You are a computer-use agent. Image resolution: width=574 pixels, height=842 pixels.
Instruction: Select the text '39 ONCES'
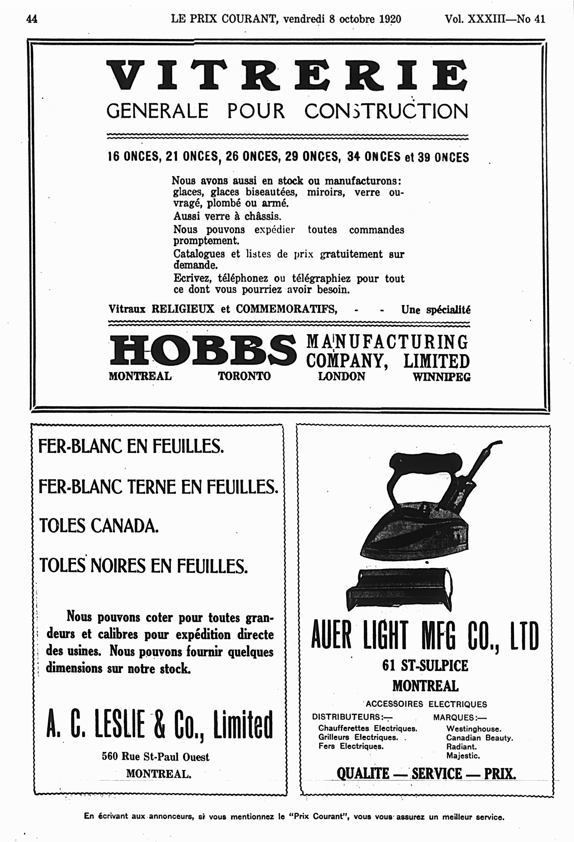tap(443, 157)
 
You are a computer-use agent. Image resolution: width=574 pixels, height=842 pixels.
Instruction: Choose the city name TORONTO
tap(244, 376)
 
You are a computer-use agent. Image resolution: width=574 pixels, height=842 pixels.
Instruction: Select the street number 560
tap(109, 757)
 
